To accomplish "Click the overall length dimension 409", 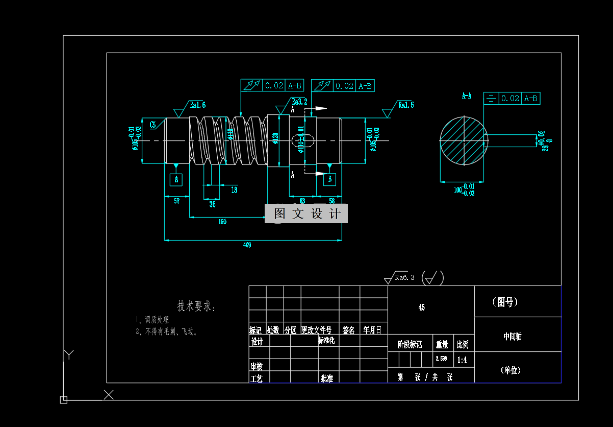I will coord(247,245).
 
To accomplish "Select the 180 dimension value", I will coord(222,222).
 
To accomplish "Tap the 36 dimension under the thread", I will coord(212,204).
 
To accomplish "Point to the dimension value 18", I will coord(234,190).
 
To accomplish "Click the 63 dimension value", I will coord(302,201).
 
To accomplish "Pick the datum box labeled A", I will coord(176,179).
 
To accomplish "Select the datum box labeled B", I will coord(330,179).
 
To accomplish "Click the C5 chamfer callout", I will coord(152,124).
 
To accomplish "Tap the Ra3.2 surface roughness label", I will coord(299,101).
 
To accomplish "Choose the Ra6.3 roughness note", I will coord(404,277).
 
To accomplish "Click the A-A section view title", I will coord(466,96).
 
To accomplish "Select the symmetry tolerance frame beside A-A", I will coord(512,99).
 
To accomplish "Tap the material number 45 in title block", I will coord(421,307).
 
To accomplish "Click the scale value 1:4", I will coord(462,360).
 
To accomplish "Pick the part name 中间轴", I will coord(512,337).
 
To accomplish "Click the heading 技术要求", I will coord(196,306).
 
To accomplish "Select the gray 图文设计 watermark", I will coord(306,213).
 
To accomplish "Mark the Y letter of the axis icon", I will coord(69,355).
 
